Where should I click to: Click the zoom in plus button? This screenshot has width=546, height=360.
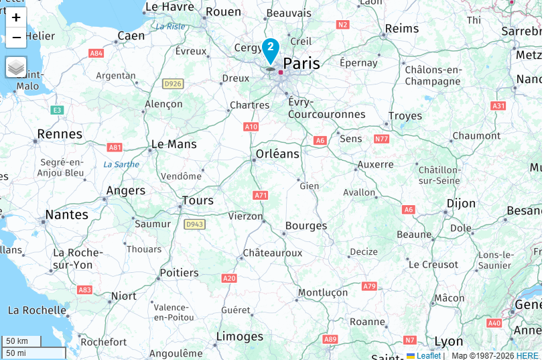[x=16, y=17]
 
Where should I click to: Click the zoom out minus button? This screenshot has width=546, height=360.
[x=16, y=38]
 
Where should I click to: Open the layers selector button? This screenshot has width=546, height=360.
[x=16, y=67]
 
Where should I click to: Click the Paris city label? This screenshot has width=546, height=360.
[x=301, y=64]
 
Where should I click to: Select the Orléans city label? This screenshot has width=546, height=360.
[x=277, y=154]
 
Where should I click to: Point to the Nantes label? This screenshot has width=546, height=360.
[x=66, y=215]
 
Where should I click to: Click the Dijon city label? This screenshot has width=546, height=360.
[x=461, y=203]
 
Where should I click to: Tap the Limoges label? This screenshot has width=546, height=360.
[x=240, y=336]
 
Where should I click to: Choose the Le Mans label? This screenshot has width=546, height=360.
[x=174, y=144]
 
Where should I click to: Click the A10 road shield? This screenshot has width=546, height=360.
[x=251, y=127]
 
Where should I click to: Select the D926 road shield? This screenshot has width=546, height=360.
[x=172, y=84]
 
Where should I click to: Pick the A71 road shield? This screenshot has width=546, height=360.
[x=261, y=195]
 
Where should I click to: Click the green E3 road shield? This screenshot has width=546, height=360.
[x=58, y=110]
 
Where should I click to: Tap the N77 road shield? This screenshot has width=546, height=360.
[x=381, y=139]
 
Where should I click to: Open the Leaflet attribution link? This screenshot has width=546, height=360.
[x=428, y=355]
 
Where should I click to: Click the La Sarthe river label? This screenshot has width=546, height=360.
[x=121, y=164]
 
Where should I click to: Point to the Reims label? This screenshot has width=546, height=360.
[x=402, y=29]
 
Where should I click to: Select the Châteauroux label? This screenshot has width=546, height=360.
[x=272, y=253]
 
